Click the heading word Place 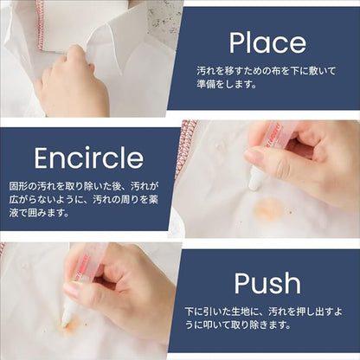coord(267,44)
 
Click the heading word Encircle coord(89,158)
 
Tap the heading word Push coord(267,283)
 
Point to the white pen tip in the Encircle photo coord(254,179)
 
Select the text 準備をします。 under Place coord(227,84)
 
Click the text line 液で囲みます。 coord(39,214)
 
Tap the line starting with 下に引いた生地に coord(264,312)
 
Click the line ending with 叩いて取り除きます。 coord(238,325)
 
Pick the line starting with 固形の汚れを coord(84,186)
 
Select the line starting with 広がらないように coord(84,200)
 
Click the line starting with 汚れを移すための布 coord(267,71)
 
